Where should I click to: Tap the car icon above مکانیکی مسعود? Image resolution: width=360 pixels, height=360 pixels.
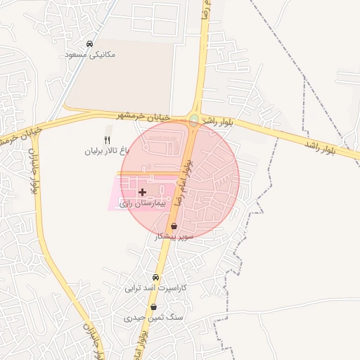click(x=90, y=44)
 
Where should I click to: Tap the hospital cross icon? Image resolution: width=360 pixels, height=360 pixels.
click(x=142, y=191)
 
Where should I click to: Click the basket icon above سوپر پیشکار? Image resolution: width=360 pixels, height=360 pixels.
click(x=174, y=226)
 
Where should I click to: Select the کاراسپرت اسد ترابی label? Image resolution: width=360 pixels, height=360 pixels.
click(x=153, y=288)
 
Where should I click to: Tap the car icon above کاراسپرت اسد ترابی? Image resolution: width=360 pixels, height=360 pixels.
click(x=156, y=277)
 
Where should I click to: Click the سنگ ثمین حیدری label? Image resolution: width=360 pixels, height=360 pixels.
click(x=148, y=318)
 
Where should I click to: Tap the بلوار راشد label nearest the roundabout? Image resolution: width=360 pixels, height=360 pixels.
click(x=217, y=122)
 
